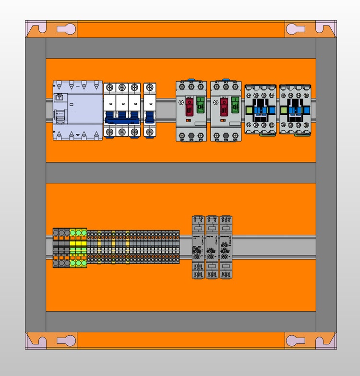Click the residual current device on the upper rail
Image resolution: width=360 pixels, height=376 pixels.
77,110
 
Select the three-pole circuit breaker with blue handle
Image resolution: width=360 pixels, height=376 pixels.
122,110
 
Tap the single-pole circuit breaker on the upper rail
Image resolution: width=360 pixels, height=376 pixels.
150,110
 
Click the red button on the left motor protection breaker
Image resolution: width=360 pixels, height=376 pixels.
190,106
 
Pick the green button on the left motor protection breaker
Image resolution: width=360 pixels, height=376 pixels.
201,105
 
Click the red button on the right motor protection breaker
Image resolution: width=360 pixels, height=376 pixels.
224,106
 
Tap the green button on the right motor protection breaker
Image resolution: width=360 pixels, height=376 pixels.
235,105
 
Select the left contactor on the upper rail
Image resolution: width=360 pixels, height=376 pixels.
260,109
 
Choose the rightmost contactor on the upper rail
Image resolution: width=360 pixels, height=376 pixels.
295,109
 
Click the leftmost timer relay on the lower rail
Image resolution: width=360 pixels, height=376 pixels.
198,247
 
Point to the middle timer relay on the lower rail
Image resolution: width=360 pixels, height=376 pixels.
212,247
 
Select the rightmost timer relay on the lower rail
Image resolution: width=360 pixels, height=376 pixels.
226,247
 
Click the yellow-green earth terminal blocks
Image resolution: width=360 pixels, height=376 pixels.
78,248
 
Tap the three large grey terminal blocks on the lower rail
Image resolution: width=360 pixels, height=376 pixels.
61,248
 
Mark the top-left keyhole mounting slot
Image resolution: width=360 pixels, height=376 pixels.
67,29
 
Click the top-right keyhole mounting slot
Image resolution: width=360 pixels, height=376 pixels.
296,29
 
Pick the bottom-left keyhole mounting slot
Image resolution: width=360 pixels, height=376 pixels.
67,341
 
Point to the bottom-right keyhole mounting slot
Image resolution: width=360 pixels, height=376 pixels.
296,341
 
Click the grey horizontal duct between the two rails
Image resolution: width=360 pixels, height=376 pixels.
180,172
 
